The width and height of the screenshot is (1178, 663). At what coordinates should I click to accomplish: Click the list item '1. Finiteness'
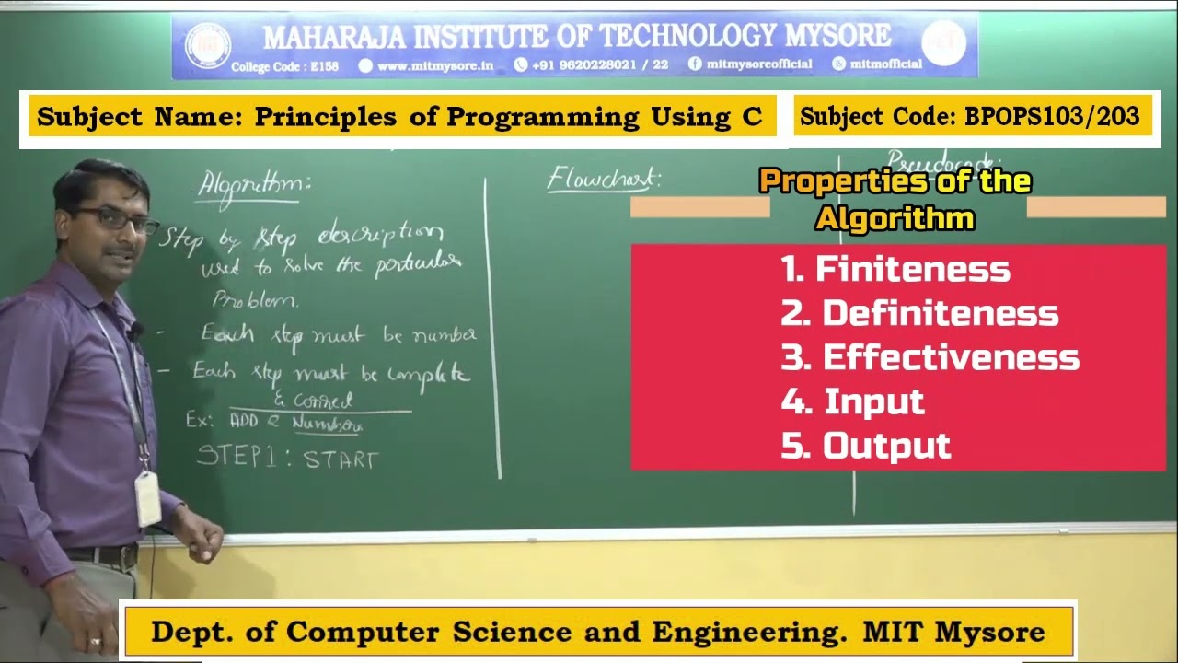(x=895, y=270)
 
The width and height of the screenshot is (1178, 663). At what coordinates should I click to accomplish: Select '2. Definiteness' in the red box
(x=918, y=314)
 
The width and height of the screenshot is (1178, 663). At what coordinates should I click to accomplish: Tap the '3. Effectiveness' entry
(x=930, y=357)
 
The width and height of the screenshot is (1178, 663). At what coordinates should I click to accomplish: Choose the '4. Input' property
(x=852, y=401)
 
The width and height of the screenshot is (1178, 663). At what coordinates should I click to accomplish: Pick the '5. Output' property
(x=865, y=446)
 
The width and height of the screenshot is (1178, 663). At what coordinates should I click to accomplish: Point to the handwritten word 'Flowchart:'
(x=604, y=178)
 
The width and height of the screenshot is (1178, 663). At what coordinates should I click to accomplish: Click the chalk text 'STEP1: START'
(x=287, y=458)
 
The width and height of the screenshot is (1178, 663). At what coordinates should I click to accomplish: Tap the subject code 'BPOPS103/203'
(x=1052, y=117)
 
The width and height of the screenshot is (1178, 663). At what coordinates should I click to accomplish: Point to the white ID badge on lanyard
(x=147, y=498)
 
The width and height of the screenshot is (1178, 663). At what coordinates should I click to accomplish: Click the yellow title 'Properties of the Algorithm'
(x=895, y=199)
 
